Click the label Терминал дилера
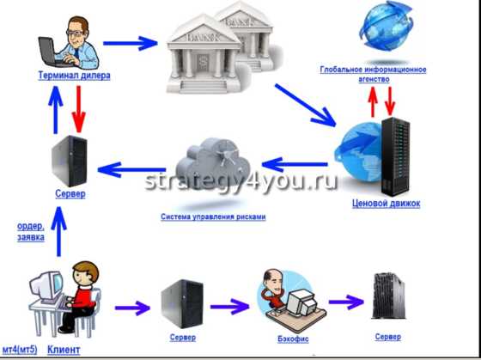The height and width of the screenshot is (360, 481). [x=74, y=76]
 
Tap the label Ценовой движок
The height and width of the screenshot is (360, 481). [x=387, y=204]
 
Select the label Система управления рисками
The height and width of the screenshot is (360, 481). [x=213, y=217]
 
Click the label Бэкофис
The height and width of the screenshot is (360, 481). [x=293, y=339]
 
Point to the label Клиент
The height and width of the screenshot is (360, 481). [x=64, y=350]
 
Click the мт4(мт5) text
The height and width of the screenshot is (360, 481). [x=20, y=350]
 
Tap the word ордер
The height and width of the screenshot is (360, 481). [x=31, y=227]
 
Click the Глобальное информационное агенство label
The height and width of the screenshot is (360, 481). [x=373, y=74]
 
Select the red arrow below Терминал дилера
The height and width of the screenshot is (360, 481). [x=79, y=109]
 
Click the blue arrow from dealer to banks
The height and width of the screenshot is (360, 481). [x=131, y=43]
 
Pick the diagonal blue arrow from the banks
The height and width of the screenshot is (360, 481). [x=305, y=105]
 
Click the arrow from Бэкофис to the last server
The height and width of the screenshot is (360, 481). [x=346, y=302]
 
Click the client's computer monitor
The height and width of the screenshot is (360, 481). [x=47, y=287]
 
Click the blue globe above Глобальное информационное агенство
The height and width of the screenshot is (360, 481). [x=387, y=26]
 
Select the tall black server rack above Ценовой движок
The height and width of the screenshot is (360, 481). [x=395, y=156]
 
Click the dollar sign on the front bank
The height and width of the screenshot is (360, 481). [x=202, y=61]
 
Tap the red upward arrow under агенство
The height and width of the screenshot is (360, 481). [x=373, y=101]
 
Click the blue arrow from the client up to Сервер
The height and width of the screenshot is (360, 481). [x=58, y=232]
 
